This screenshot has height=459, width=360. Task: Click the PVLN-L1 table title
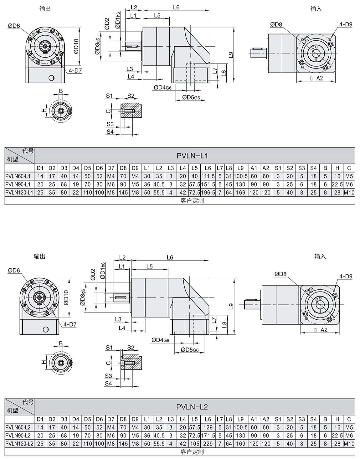(192, 156)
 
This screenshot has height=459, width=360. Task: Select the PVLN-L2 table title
(192, 407)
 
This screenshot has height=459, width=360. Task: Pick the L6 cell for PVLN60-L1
(208, 176)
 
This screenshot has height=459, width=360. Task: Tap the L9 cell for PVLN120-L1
(240, 193)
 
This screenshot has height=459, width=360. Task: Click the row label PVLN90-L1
(18, 184)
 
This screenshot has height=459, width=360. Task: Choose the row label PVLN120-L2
(19, 444)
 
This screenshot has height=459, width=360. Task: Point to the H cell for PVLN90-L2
(337, 435)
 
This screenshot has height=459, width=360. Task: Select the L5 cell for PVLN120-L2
(195, 444)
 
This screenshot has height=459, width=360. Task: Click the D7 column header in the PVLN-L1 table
(111, 168)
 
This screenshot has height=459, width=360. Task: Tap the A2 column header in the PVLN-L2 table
(266, 419)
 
